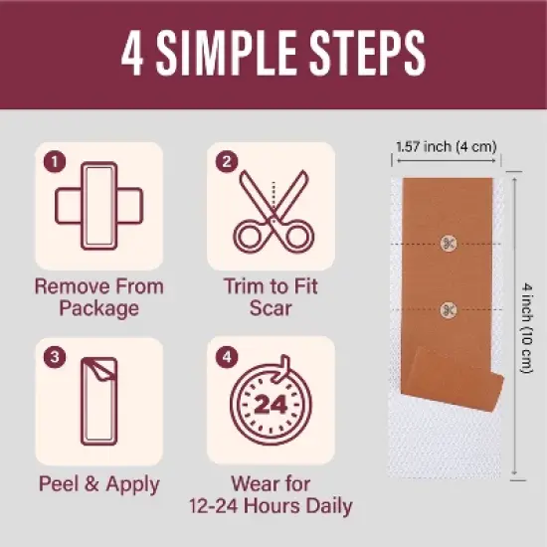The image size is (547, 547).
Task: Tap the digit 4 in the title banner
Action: point(132,53)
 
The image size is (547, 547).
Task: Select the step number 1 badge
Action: point(55,161)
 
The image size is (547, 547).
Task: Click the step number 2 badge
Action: point(227,161)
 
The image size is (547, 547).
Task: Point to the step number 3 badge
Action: point(55,356)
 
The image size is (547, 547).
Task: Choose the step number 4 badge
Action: point(227,356)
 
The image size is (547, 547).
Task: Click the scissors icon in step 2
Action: point(273,212)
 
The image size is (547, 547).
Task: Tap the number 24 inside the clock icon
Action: point(271,405)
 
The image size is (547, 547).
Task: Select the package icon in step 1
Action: point(99,206)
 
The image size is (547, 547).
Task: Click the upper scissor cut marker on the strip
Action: point(449,244)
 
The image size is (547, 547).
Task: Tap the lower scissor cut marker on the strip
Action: point(449,309)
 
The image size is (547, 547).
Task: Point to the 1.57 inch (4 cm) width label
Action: point(447,146)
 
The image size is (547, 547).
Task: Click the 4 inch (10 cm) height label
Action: point(527,328)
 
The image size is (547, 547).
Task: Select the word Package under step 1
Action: point(99,308)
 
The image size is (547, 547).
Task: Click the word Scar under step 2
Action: point(271,308)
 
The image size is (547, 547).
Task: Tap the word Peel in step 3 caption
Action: point(59,483)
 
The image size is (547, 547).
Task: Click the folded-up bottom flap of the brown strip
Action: point(456,379)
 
